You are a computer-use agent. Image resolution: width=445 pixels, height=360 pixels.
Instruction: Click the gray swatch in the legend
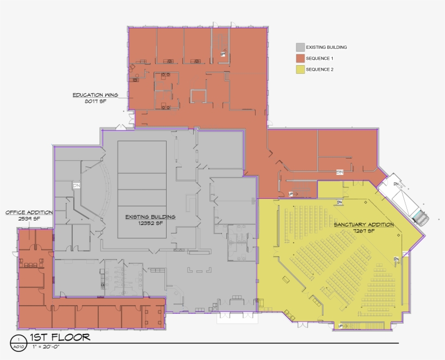[300, 47]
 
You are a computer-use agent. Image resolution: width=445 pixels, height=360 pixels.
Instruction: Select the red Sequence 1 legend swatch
[300, 58]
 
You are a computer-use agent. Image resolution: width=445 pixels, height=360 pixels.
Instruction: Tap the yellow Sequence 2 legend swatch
[300, 70]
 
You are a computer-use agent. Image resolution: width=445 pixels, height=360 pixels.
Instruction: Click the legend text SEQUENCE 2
[320, 70]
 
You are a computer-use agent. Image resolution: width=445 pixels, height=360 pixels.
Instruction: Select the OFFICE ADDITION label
[29, 212]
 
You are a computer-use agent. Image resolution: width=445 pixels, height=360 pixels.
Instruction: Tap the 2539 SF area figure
[29, 218]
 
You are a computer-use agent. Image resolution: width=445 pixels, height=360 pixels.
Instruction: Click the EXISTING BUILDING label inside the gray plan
[150, 217]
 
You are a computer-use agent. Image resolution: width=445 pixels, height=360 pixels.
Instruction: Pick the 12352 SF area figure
[150, 223]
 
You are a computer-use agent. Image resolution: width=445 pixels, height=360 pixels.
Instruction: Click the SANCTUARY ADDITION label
[364, 224]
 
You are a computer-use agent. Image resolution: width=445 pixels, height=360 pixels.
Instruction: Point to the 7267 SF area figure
[364, 231]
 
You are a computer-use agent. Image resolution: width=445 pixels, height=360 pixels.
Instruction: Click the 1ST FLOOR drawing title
[60, 337]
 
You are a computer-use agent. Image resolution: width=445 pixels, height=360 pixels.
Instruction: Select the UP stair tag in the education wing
[223, 54]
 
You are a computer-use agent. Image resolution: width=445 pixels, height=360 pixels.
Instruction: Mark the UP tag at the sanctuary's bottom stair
[341, 326]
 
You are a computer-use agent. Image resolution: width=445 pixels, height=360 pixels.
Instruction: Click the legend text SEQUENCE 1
[320, 58]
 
